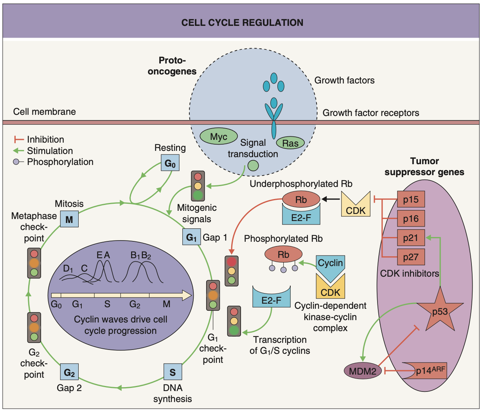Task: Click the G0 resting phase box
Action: [170, 163]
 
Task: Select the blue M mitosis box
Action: [69, 219]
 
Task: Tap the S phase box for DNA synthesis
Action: [173, 372]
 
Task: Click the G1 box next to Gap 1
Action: [191, 237]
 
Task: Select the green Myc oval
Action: [219, 136]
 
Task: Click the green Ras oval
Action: [290, 143]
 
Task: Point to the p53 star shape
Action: [440, 310]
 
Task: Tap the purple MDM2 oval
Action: [362, 371]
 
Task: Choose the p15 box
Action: [411, 199]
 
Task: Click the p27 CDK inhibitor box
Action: [411, 257]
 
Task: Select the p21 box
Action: [411, 238]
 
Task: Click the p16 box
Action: [411, 219]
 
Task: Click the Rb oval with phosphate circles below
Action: [283, 255]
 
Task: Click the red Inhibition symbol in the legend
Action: [19, 139]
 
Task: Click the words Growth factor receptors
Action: [370, 113]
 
